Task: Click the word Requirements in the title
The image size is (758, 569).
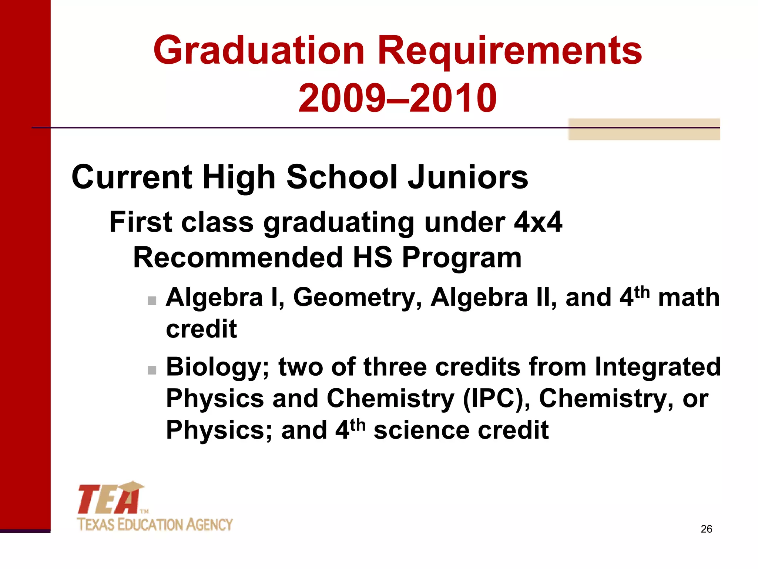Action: [x=509, y=51]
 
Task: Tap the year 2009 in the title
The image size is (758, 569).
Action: [x=341, y=98]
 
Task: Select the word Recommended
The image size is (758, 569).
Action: [x=238, y=257]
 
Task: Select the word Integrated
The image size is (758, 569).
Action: [x=658, y=367]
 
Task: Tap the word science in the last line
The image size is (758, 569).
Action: [x=422, y=430]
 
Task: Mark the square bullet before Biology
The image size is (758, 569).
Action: [x=152, y=370]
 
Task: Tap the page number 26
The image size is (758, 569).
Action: [x=706, y=529]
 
